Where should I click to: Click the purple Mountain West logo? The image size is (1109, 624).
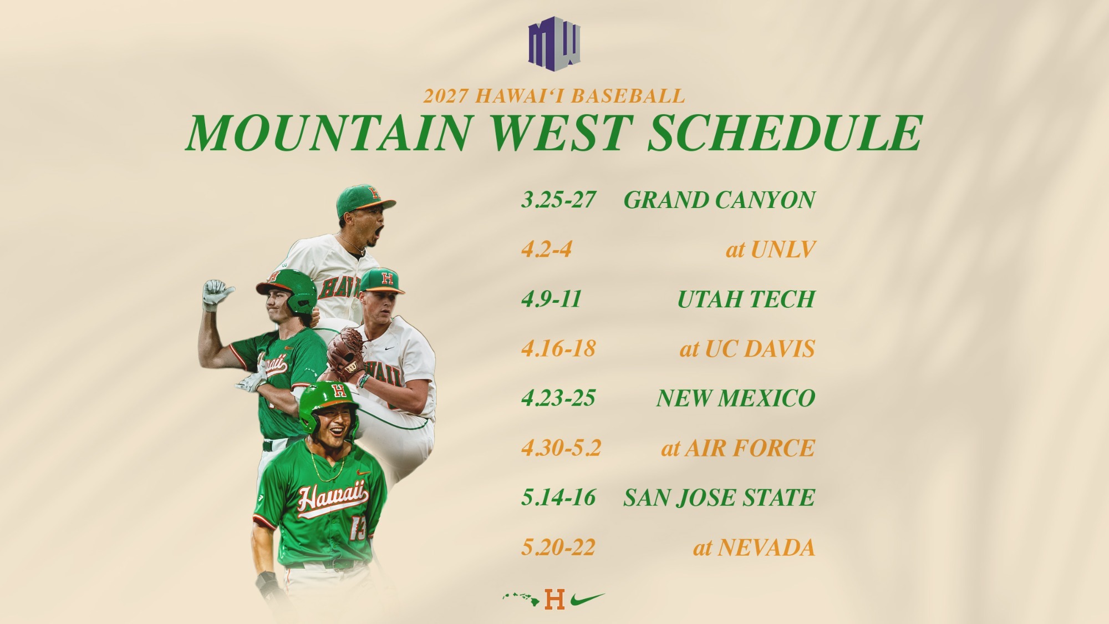554,43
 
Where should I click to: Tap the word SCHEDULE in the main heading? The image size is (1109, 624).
785,133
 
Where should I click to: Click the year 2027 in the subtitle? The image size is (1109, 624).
445,96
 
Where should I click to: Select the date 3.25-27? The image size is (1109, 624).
558,200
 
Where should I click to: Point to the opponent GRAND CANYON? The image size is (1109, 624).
719,200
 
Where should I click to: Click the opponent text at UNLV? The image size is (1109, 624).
770,250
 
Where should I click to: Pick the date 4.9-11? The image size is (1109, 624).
551,299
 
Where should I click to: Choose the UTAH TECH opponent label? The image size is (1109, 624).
746,299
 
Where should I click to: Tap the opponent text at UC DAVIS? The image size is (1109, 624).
747,349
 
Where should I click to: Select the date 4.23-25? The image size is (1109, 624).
558,398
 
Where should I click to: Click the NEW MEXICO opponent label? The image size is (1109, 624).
735,398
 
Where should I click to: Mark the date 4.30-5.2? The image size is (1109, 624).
561,448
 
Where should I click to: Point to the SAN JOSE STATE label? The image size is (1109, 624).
719,498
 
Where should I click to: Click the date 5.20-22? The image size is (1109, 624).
558,547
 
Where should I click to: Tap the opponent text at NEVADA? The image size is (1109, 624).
754,547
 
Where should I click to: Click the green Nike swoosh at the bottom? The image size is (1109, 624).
587,599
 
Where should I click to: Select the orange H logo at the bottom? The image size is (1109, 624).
554,599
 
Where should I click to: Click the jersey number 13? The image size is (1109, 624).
358,528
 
